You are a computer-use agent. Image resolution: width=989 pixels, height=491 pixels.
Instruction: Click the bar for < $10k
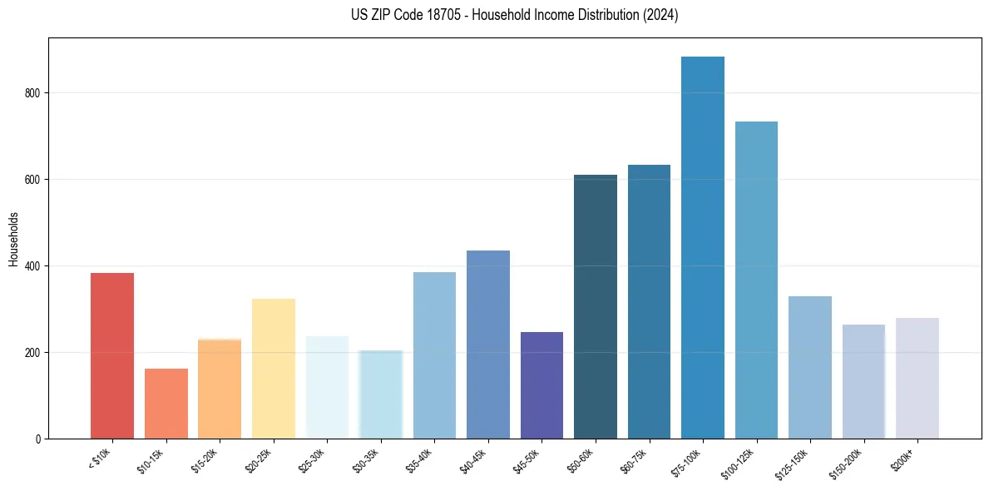[x=112, y=355]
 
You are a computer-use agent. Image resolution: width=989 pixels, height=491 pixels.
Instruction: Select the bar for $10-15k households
[x=166, y=404]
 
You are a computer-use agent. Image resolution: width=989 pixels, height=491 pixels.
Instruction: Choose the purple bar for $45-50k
[x=541, y=385]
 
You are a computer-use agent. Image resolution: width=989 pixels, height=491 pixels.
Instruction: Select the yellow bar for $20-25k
[x=274, y=369]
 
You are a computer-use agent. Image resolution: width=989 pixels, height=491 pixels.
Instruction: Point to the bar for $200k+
[x=917, y=378]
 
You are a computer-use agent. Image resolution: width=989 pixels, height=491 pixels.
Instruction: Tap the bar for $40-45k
[x=488, y=345]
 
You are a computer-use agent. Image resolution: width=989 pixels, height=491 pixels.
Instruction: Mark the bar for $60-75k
[x=649, y=301]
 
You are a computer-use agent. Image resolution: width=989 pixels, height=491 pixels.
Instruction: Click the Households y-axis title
[x=13, y=238]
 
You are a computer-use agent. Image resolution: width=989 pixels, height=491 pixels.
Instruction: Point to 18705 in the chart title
[x=431, y=15]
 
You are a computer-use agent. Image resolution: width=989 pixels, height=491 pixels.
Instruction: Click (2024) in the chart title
[x=660, y=15]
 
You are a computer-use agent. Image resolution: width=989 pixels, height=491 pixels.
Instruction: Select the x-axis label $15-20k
[x=205, y=459]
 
